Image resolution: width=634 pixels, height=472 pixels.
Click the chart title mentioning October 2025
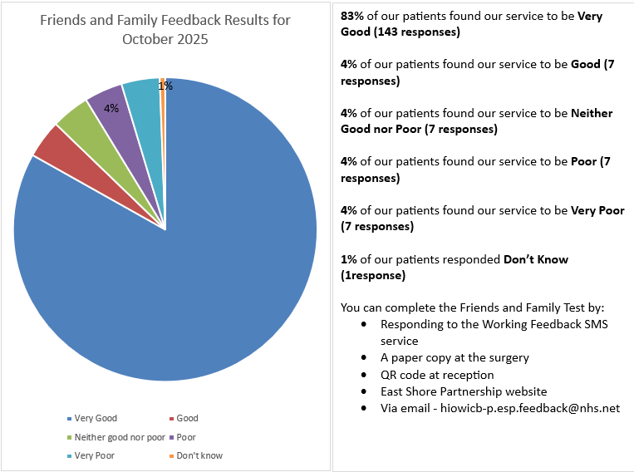click(x=165, y=29)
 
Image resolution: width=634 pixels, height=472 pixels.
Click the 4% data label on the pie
click(x=111, y=108)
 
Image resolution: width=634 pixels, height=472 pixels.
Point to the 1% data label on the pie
click(x=165, y=86)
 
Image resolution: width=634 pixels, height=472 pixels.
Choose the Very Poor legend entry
click(x=93, y=455)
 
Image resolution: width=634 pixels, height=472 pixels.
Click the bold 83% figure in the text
click(x=352, y=17)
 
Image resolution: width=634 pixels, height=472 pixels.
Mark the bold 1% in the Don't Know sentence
click(x=349, y=259)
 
